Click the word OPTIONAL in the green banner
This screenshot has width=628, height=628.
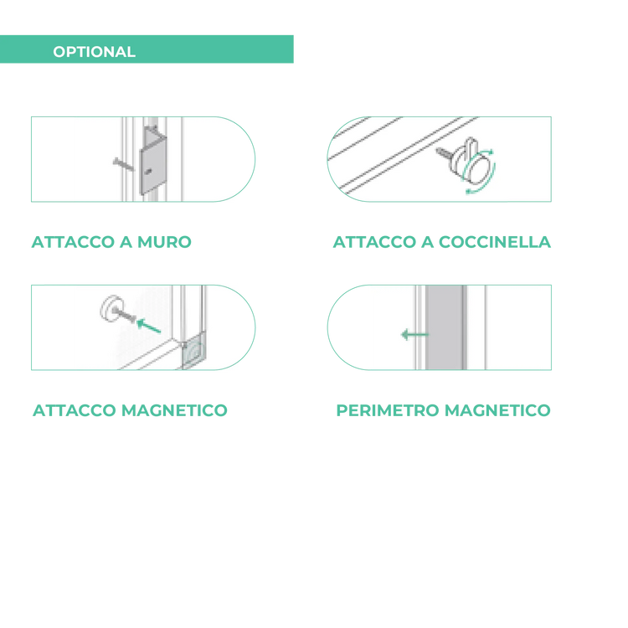94,52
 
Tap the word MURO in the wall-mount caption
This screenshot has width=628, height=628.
164,242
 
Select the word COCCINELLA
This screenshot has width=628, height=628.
495,242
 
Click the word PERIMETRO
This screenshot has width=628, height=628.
388,410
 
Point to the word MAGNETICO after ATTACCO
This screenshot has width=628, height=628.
174,410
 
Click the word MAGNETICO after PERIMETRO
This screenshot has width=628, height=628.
497,410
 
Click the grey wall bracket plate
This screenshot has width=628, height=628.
152,167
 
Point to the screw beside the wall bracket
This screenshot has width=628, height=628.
123,164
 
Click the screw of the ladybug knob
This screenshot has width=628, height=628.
444,152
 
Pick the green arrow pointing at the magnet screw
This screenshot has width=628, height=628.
148,326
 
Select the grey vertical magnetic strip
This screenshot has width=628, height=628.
445,327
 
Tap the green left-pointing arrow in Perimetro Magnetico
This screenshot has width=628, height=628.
414,334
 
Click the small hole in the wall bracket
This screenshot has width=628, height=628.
148,172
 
